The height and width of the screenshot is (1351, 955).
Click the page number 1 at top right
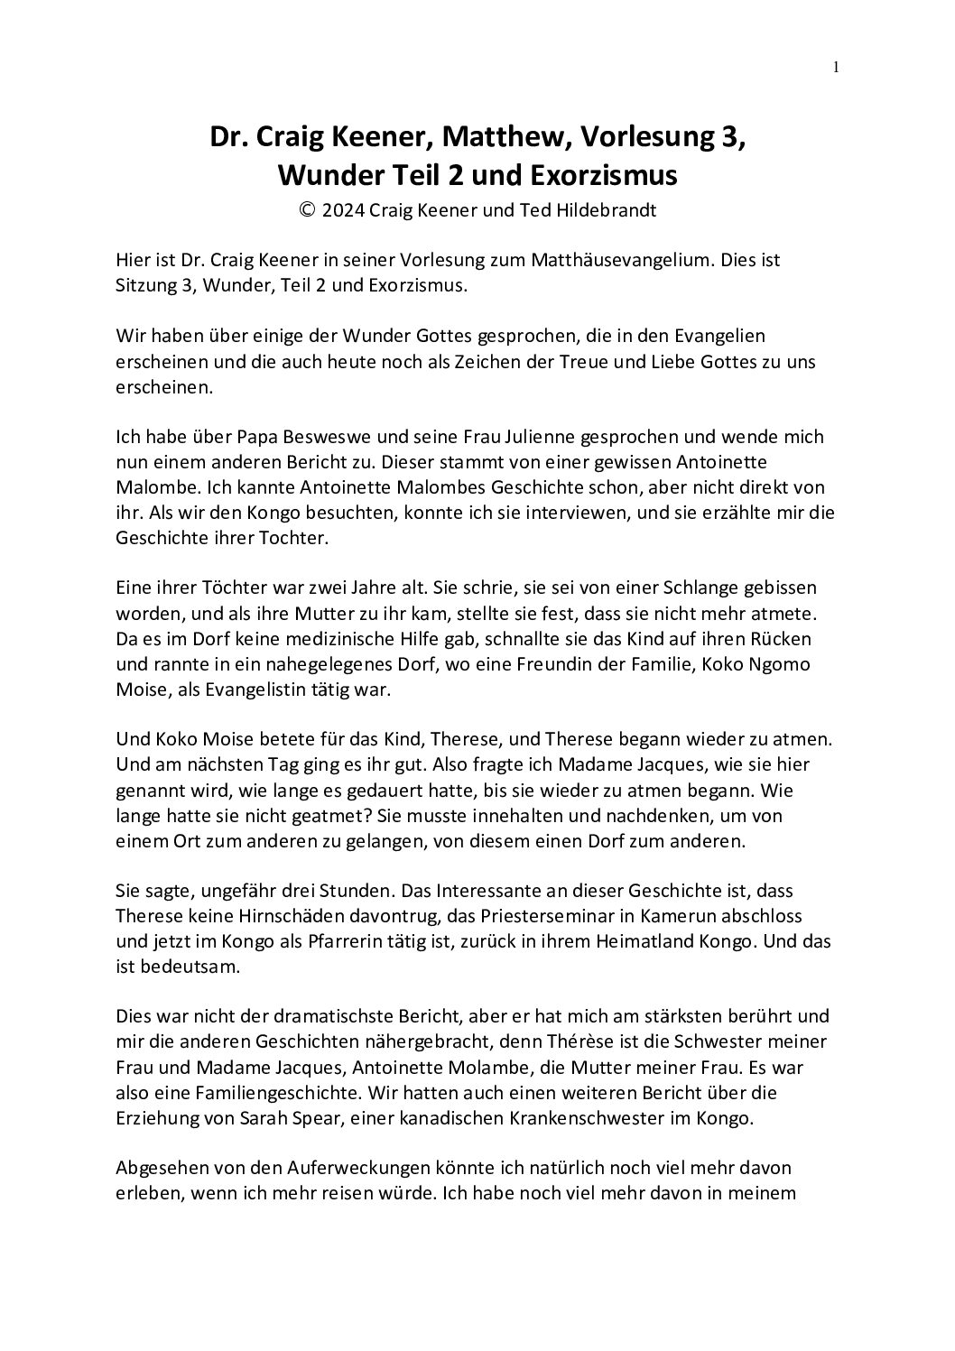tap(836, 66)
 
